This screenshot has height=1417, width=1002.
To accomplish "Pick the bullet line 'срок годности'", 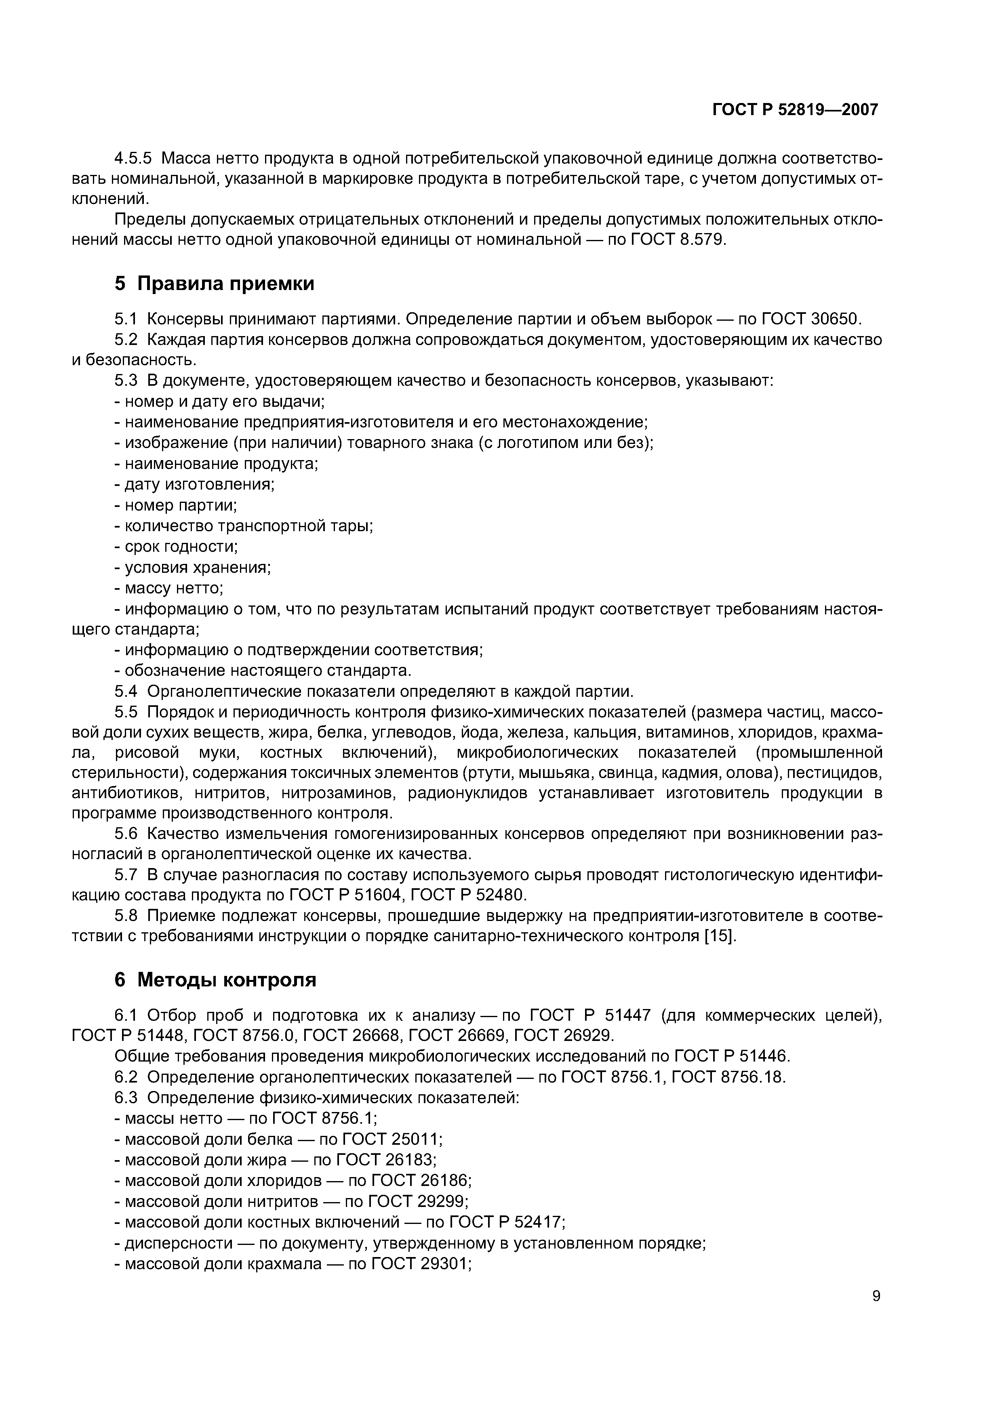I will tap(177, 546).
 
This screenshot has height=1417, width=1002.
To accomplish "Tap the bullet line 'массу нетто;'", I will tap(168, 588).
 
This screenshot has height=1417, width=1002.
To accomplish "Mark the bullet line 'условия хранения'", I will tap(193, 567).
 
